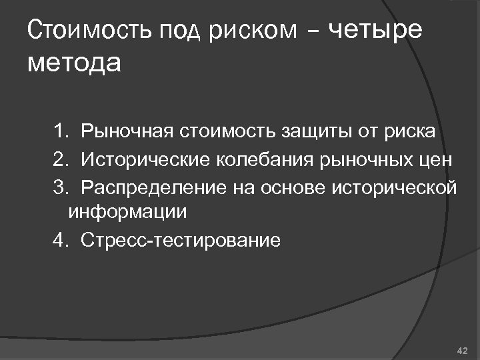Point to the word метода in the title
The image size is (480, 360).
click(x=75, y=64)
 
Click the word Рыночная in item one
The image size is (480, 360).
click(x=126, y=131)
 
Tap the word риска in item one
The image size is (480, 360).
click(x=408, y=132)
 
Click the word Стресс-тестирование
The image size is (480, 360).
click(x=181, y=240)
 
